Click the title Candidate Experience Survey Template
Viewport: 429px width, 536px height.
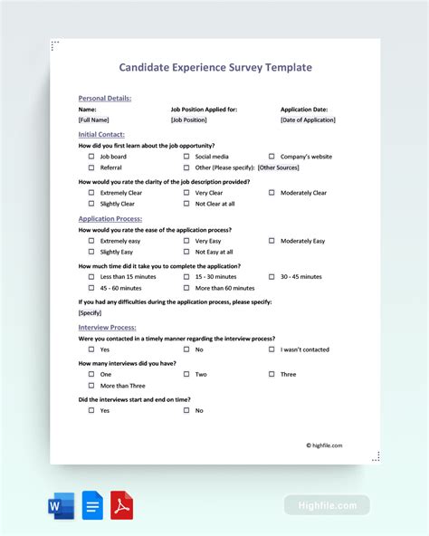pos(215,67)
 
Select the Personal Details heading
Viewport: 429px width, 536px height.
pos(105,98)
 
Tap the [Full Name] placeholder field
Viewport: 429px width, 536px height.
pos(94,120)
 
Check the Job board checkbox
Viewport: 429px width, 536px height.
pos(91,157)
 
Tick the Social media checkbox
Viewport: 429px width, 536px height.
pos(186,157)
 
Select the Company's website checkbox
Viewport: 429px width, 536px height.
pos(271,157)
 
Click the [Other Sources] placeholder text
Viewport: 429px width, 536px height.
pos(279,167)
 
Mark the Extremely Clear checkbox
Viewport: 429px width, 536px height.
pos(91,193)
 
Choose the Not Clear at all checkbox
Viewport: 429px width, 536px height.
pos(186,204)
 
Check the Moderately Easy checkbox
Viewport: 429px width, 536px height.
pos(271,241)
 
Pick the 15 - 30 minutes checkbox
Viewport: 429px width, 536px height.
pos(186,277)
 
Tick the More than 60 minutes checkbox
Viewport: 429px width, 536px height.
pos(186,288)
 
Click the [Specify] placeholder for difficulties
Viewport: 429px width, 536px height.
pos(90,312)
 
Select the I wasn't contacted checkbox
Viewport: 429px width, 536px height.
pos(271,349)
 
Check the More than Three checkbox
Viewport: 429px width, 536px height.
pos(91,386)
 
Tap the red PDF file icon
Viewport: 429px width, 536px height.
pos(121,505)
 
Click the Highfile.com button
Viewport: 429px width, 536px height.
pos(327,505)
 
